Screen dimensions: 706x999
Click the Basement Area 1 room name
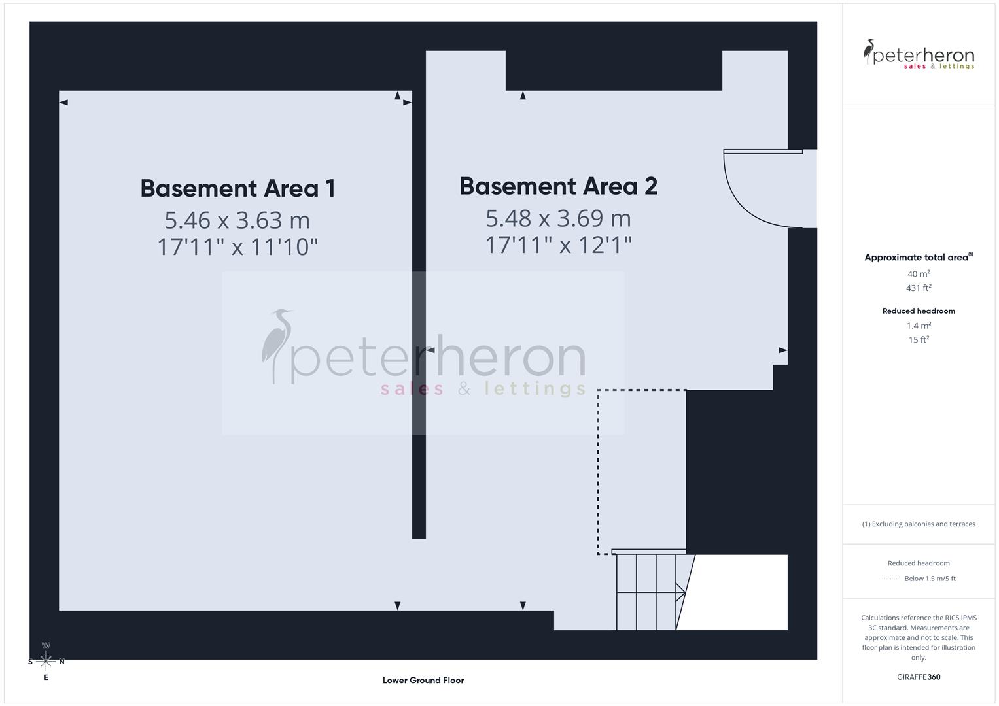(x=237, y=188)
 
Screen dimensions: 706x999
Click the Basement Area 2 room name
(x=558, y=186)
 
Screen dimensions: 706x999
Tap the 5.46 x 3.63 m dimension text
(x=237, y=220)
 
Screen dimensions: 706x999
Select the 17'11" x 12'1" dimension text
(x=558, y=245)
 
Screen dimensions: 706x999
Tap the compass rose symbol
(x=46, y=661)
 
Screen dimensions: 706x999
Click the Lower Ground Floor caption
(x=423, y=680)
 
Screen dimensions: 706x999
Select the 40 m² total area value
(x=919, y=274)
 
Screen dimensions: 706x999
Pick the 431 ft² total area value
(x=919, y=288)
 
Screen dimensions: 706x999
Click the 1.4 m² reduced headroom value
(x=919, y=326)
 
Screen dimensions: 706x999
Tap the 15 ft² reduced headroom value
(x=919, y=339)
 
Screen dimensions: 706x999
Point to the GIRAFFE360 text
(x=919, y=677)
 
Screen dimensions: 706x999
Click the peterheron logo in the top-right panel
(x=919, y=55)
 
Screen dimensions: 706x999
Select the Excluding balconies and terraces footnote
(x=919, y=524)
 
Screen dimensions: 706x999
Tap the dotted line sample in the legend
(x=890, y=579)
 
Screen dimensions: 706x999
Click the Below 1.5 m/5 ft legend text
(x=930, y=579)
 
